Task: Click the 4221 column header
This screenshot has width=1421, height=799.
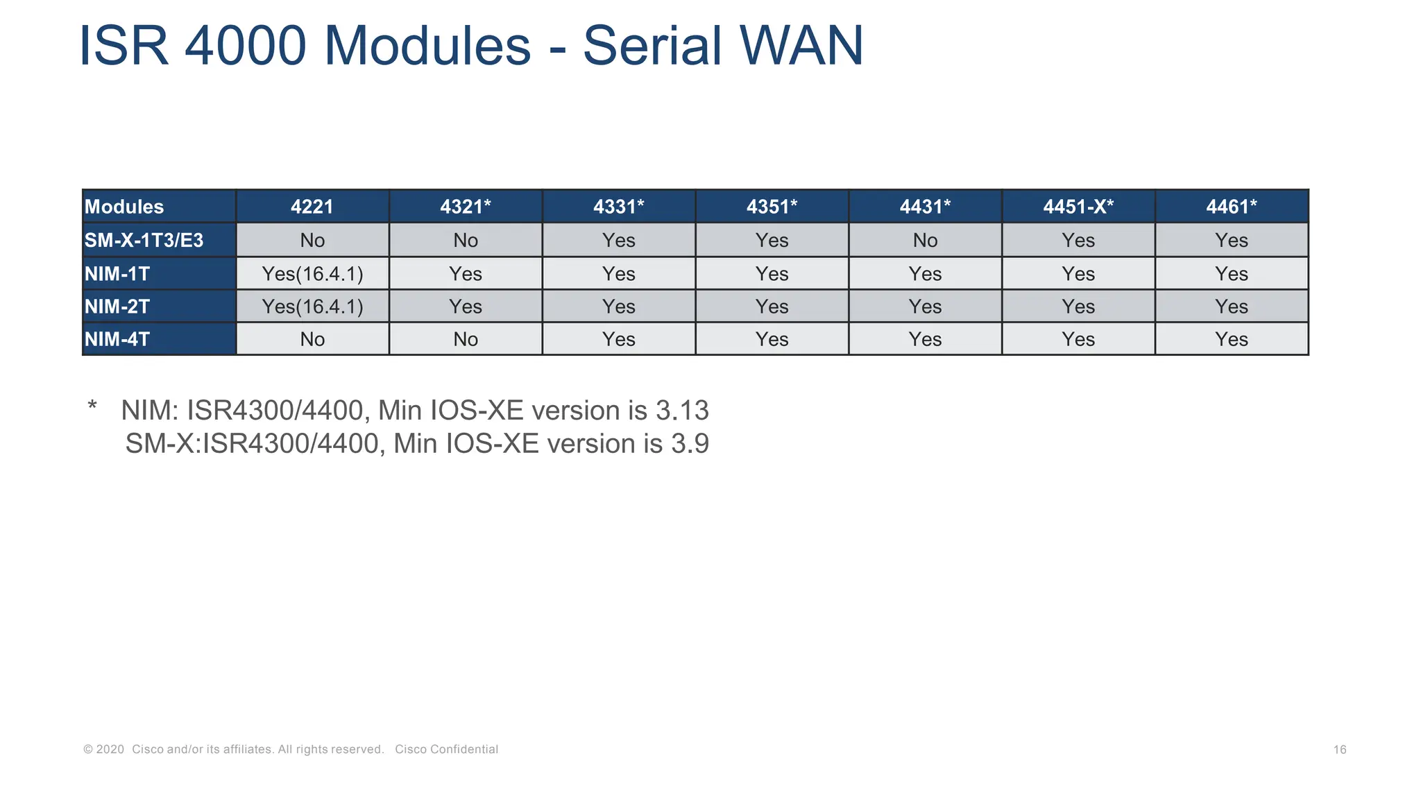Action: tap(312, 207)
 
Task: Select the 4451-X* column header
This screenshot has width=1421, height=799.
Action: tap(1078, 207)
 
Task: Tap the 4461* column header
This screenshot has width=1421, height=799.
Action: tap(1232, 207)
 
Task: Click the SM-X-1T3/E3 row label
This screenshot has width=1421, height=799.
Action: tap(144, 241)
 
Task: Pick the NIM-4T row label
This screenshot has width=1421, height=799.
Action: tap(117, 339)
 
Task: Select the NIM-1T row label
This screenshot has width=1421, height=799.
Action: tap(117, 274)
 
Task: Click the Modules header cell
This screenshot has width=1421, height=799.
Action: tap(124, 207)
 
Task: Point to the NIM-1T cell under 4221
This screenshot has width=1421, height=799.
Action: tap(312, 274)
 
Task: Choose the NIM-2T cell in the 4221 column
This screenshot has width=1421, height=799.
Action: tap(312, 307)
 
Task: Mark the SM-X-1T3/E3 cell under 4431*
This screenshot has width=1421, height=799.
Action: tap(925, 241)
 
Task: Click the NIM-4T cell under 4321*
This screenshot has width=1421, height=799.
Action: tap(466, 339)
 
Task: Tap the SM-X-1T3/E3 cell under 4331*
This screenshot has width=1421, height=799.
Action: tap(618, 241)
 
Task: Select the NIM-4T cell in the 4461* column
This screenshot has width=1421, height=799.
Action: tap(1232, 339)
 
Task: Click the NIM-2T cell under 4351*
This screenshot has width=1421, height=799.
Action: tap(772, 307)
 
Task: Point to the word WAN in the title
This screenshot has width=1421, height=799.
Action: tap(801, 46)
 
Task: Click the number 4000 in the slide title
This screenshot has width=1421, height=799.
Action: tap(246, 46)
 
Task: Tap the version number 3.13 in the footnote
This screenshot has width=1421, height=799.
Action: tap(682, 411)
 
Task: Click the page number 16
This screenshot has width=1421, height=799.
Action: tap(1340, 750)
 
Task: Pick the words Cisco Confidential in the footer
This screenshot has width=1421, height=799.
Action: tap(446, 750)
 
